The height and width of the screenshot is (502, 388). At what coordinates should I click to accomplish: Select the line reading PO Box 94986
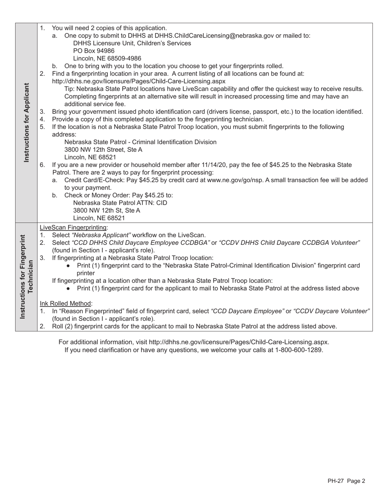pyautogui.click(x=94, y=51)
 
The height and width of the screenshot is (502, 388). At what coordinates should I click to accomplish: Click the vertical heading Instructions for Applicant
pyautogui.click(x=27, y=122)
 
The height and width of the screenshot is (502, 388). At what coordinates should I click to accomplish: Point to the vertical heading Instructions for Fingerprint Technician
pyautogui.click(x=27, y=277)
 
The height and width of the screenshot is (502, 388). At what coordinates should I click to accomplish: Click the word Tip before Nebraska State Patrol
pyautogui.click(x=70, y=89)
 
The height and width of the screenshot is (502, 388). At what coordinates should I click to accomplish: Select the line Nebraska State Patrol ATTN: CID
pyautogui.click(x=120, y=203)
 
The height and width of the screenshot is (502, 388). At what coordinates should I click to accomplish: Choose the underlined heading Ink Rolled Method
pyautogui.click(x=66, y=303)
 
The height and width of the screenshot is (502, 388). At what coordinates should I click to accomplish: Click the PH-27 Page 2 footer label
pyautogui.click(x=346, y=481)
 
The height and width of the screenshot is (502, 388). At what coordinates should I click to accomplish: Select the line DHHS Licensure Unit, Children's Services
pyautogui.click(x=132, y=43)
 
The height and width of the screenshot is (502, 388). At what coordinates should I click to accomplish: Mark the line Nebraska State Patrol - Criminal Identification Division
pyautogui.click(x=140, y=142)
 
